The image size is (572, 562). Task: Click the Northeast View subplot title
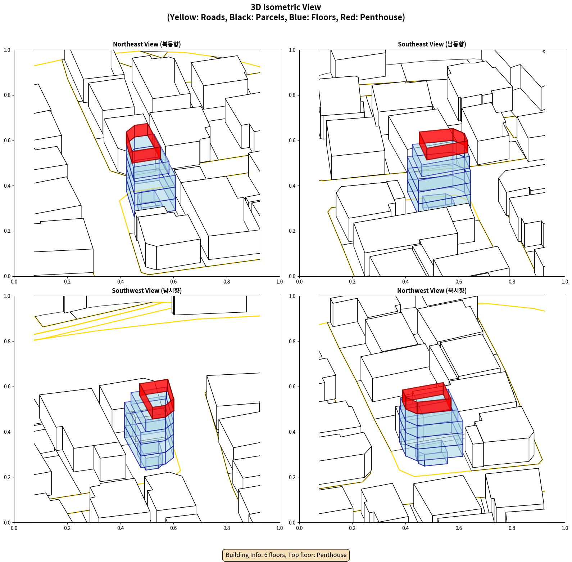[x=147, y=44]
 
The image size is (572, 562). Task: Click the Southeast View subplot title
[x=432, y=44]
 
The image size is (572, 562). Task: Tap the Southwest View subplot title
[x=147, y=290]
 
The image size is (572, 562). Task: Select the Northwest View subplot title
[x=432, y=290]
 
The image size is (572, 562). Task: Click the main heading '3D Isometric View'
[x=286, y=7]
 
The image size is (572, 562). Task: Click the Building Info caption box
[x=286, y=555]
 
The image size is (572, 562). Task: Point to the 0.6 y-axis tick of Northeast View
[x=7, y=140]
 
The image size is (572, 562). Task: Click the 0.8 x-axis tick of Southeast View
[x=512, y=282]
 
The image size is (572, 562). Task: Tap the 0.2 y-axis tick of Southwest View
[x=7, y=477]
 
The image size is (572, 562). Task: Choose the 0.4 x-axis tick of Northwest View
[x=405, y=528]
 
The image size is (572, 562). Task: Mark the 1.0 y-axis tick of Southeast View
[x=292, y=50]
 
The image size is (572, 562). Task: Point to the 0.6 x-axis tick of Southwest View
[x=173, y=528]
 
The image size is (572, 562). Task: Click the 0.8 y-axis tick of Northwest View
[x=292, y=342]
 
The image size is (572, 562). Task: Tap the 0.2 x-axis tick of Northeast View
[x=67, y=282]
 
